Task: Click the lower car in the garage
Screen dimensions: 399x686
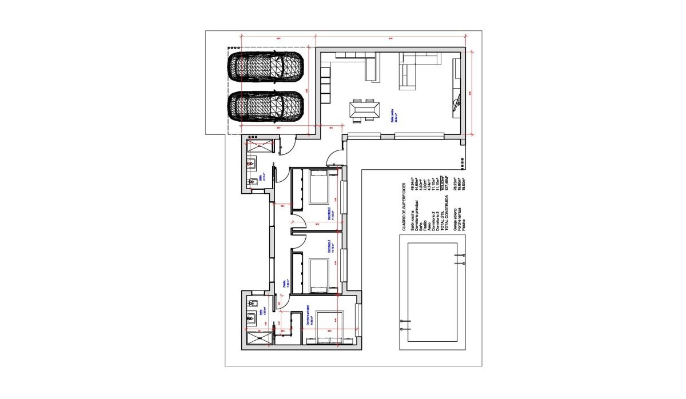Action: point(265,106)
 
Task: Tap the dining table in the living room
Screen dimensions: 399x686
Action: point(364,110)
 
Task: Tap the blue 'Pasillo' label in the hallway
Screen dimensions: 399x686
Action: point(285,284)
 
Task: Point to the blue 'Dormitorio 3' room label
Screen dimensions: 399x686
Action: point(330,213)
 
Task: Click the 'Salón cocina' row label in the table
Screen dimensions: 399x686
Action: point(412,221)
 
